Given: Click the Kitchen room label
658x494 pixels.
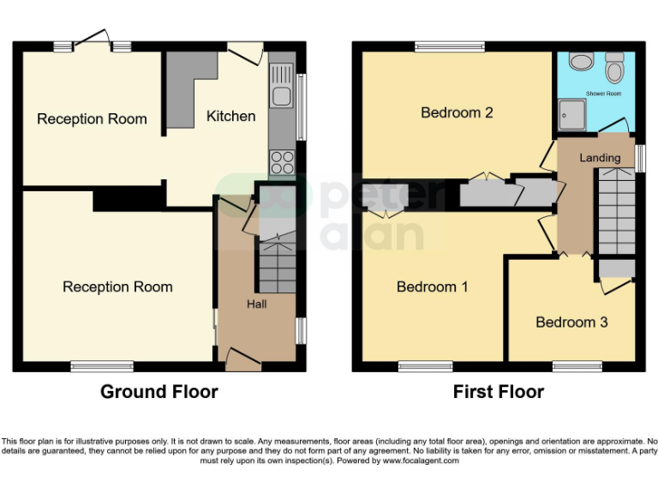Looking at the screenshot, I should click(230, 116).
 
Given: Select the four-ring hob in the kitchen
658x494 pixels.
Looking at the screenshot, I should click(282, 161).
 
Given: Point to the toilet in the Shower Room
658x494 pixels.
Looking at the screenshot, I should click(614, 65).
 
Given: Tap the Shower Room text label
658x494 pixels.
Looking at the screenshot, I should click(603, 93).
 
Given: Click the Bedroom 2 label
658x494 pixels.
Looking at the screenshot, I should click(457, 112).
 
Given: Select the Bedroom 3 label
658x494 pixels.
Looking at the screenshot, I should click(571, 322).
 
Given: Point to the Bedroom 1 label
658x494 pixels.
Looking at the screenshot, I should click(432, 286).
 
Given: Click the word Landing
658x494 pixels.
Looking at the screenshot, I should click(600, 158).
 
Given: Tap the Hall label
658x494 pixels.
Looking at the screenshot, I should click(257, 304).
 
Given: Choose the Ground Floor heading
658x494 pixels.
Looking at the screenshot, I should click(159, 392).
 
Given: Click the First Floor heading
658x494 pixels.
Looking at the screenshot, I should click(499, 392).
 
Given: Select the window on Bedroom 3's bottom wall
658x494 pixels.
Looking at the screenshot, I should click(577, 366).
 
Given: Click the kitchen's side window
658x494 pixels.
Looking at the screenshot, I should click(301, 106).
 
